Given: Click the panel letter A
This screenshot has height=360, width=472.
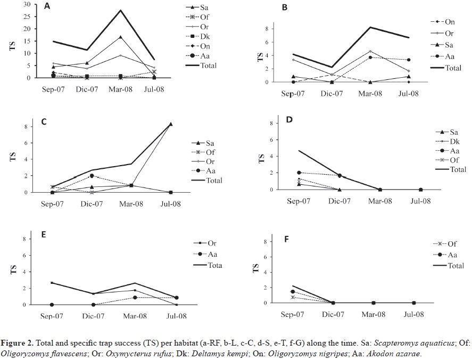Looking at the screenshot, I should coord(47,7).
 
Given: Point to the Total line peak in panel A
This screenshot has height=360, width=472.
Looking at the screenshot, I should coord(121,11).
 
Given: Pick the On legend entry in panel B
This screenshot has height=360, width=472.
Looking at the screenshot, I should coord(450,22).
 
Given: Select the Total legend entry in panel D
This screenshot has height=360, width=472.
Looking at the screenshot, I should coord(457,169).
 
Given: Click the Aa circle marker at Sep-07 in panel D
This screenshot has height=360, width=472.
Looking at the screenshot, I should coord(299,173).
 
